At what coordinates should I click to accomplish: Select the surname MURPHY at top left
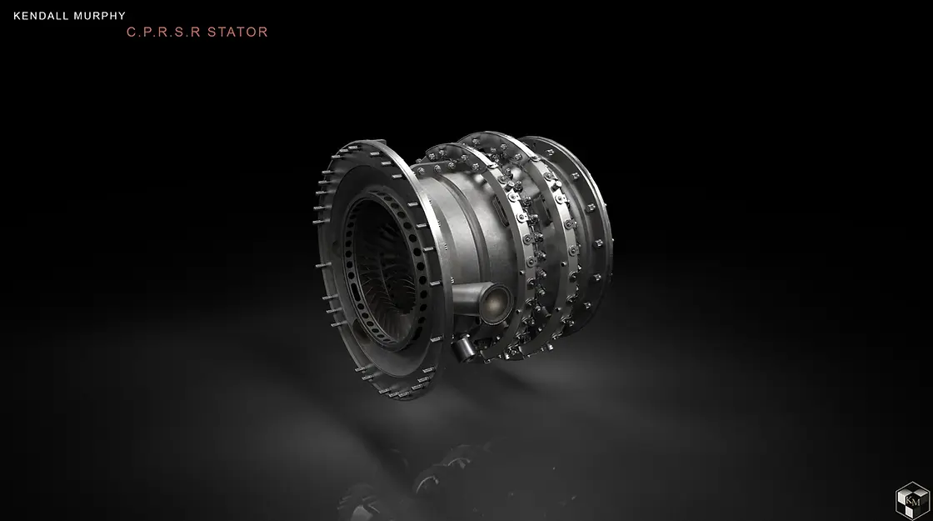pos(98,15)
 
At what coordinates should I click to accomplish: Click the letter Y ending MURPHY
pos(121,15)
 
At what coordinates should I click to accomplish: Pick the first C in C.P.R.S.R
pos(131,33)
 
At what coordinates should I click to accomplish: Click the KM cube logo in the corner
pos(911,500)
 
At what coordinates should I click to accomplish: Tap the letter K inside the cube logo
pos(908,499)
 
